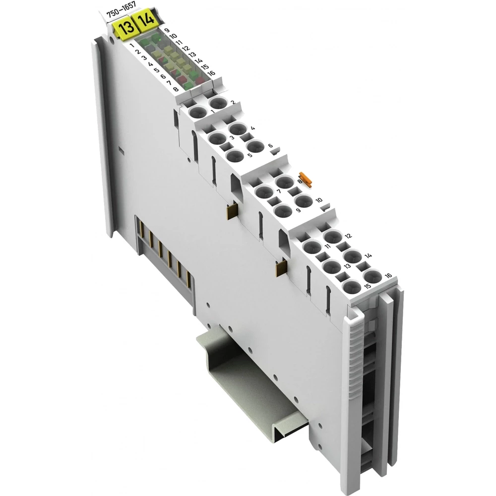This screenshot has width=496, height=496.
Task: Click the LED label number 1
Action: [x=131, y=46]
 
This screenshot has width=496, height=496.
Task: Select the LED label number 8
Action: [x=176, y=89]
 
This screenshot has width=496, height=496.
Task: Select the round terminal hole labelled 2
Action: [x=218, y=104]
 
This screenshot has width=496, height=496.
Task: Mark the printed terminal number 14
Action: [x=368, y=255]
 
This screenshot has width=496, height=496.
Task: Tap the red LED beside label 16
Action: [x=200, y=79]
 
